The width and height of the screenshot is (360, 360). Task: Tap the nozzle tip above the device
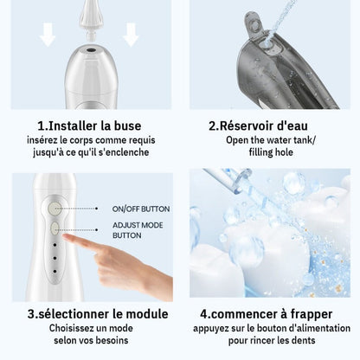(x=89, y=10)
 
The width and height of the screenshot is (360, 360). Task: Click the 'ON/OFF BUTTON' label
(x=141, y=209)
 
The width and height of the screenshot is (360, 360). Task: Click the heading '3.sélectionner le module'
(x=89, y=314)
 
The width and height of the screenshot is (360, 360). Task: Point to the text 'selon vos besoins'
(x=89, y=344)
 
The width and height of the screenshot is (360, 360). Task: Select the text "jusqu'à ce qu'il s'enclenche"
(x=89, y=153)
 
